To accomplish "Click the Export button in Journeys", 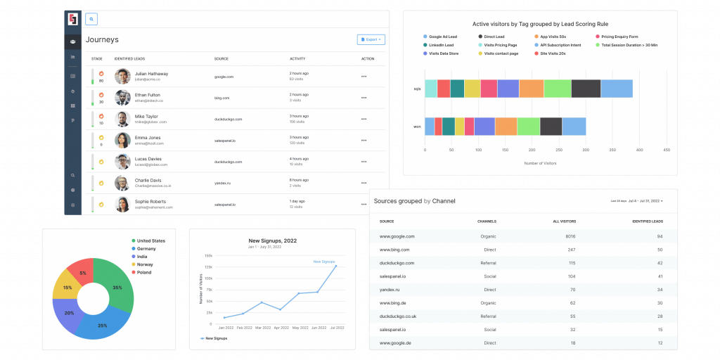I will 371,39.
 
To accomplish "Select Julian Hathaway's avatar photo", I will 123,76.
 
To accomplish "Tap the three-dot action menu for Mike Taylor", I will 364,120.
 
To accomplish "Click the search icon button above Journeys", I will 91,20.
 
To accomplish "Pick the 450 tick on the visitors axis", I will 667,150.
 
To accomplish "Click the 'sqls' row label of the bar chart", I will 417,89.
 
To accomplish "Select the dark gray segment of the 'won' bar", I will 551,126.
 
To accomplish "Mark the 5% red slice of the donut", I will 83,273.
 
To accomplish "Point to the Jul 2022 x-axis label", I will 337,328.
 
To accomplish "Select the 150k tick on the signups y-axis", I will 208,256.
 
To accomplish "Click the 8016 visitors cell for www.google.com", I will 571,237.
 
